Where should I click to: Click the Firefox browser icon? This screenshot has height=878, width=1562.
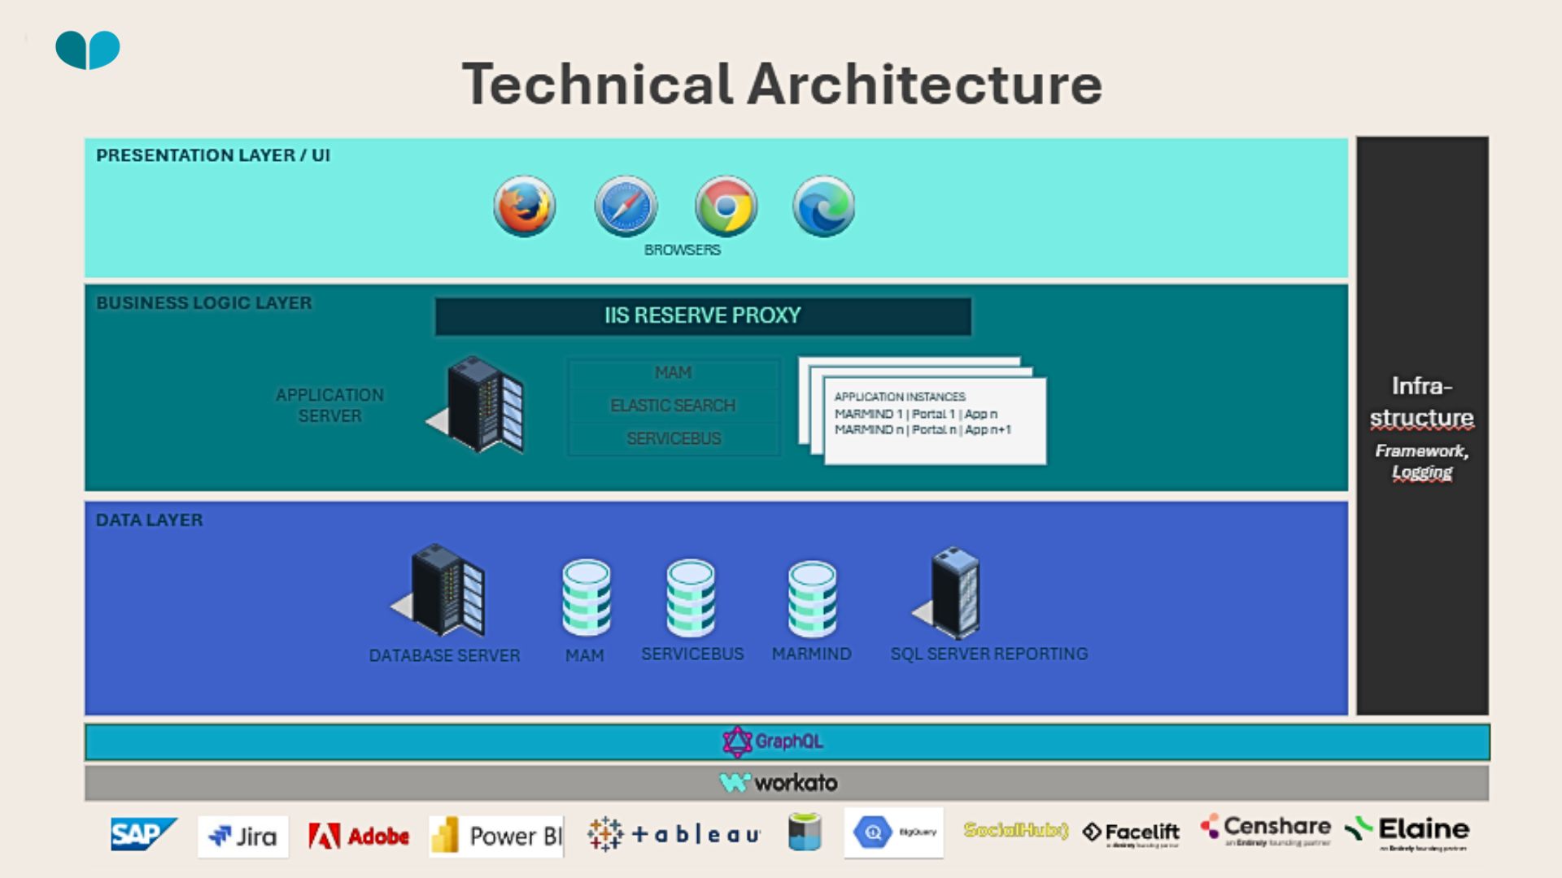pyautogui.click(x=524, y=206)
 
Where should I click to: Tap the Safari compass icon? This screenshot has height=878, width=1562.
pyautogui.click(x=625, y=206)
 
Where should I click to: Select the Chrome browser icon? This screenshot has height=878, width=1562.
pyautogui.click(x=726, y=206)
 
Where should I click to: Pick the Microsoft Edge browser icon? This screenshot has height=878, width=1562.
pyautogui.click(x=823, y=206)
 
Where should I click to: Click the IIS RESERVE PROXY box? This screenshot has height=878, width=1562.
pyautogui.click(x=703, y=316)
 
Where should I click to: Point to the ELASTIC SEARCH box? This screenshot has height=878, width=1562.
pyautogui.click(x=673, y=406)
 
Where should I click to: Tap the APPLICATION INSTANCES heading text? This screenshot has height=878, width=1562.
pyautogui.click(x=900, y=397)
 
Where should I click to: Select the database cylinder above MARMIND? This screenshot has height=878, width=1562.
pyautogui.click(x=812, y=598)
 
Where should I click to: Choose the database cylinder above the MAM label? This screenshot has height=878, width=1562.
pyautogui.click(x=586, y=597)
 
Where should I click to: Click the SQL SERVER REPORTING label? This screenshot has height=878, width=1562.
pyautogui.click(x=988, y=654)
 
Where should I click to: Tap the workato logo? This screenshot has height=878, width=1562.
pyautogui.click(x=779, y=783)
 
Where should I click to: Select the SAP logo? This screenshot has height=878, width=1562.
pyautogui.click(x=143, y=834)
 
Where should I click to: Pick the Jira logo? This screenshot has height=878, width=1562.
pyautogui.click(x=242, y=837)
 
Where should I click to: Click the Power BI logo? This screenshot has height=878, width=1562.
pyautogui.click(x=496, y=837)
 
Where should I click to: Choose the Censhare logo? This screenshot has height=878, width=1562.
pyautogui.click(x=1266, y=828)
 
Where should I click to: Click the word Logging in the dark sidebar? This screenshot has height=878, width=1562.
pyautogui.click(x=1421, y=472)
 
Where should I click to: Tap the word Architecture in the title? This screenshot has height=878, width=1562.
pyautogui.click(x=924, y=85)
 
